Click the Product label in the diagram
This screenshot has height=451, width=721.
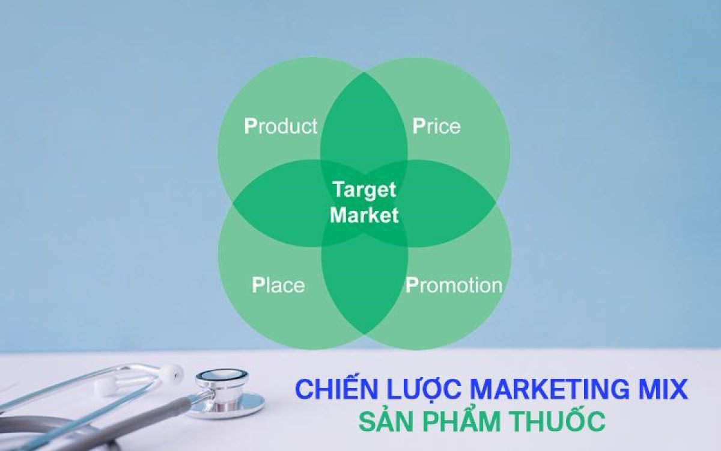[281, 126]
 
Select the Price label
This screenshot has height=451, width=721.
[436, 126]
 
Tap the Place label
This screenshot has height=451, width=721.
[278, 285]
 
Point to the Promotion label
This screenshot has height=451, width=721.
[454, 285]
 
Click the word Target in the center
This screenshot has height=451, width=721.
[364, 190]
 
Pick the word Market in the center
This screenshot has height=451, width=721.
[364, 215]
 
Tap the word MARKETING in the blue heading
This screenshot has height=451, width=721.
[544, 390]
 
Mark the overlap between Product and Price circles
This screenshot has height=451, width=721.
[364, 120]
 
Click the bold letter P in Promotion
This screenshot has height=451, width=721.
[412, 285]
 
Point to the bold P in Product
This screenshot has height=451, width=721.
[250, 126]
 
